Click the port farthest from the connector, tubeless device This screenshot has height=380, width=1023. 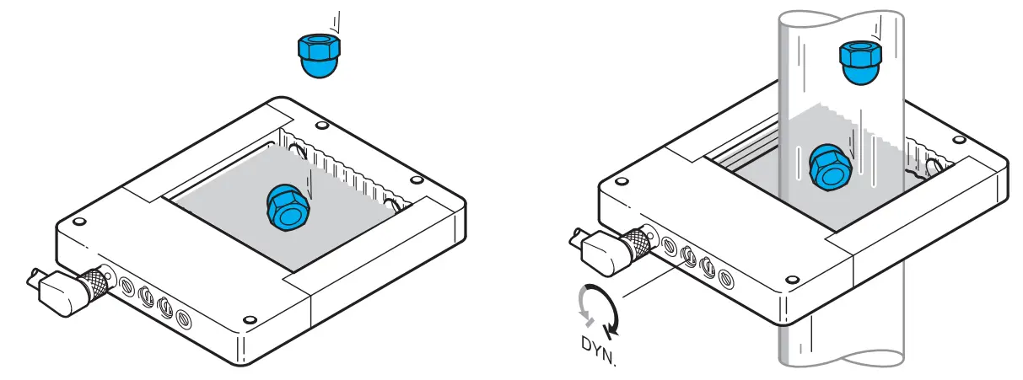tap(183, 318)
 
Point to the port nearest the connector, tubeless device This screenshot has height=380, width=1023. tap(125, 286)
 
